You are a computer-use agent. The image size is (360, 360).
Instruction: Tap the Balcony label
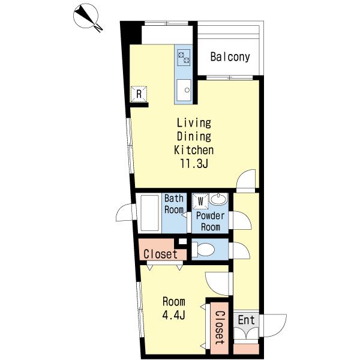point(230,57)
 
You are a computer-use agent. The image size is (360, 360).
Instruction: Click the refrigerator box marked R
point(139,94)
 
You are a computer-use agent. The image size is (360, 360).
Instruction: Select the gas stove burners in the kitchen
point(184,58)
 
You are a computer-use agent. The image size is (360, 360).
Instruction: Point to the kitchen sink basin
point(184,90)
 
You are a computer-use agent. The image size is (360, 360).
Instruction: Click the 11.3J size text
point(194,164)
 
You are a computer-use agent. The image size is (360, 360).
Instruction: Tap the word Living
point(194,123)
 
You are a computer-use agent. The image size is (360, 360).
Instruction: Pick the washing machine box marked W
point(200,202)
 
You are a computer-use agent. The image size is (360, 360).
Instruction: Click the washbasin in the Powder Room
point(218,199)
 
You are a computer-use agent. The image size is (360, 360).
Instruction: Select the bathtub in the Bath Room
point(149,213)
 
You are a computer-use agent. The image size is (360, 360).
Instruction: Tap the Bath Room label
point(174,204)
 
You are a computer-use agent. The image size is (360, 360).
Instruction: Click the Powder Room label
point(211,221)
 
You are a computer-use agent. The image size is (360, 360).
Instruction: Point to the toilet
point(203,250)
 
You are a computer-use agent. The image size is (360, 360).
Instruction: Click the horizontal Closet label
point(160,254)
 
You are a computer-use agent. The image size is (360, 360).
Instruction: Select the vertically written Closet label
point(220,328)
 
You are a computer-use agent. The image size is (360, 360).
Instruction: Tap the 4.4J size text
point(173,315)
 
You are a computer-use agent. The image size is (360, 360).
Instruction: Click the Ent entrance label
point(246,320)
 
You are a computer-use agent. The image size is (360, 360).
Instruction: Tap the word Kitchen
point(194,150)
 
